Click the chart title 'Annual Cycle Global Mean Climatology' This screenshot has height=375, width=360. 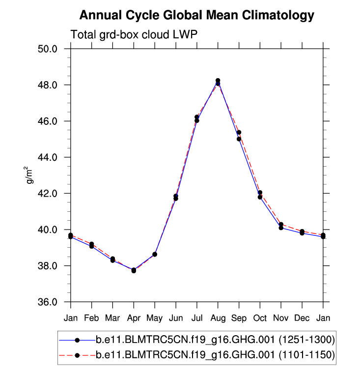point(196,16)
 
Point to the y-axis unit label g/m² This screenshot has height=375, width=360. point(31,175)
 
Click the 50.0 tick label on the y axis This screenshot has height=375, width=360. point(49,49)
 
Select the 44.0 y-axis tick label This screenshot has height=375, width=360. point(49,157)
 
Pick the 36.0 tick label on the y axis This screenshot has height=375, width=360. point(49,302)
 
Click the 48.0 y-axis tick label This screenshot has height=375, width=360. point(49,85)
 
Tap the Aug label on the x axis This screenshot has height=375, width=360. point(218,318)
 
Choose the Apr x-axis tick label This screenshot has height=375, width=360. point(134,318)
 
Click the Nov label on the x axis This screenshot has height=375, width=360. point(281,318)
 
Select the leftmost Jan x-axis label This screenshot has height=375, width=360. point(71,318)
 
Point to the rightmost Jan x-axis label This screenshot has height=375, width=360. point(323,318)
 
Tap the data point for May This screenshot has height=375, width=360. point(155,254)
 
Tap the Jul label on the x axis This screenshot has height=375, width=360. point(196,318)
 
